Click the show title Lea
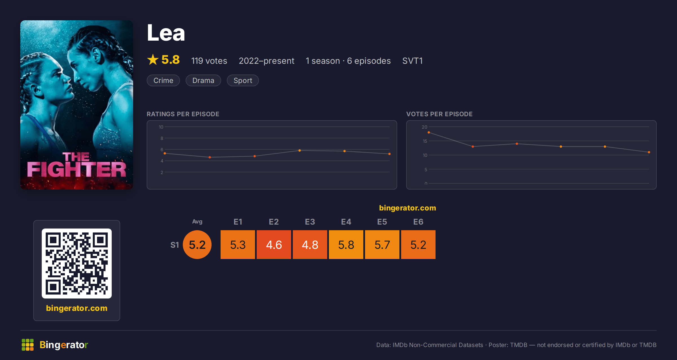pos(166,33)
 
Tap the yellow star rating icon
pos(153,60)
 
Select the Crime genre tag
pos(163,80)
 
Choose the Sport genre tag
pos(243,80)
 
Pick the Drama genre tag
pos(203,80)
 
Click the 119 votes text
pos(209,61)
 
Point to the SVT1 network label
pos(412,61)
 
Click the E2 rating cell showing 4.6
pos(274,245)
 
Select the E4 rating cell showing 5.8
pos(346,245)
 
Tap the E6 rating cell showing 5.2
pos(418,245)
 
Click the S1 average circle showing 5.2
pos(197,245)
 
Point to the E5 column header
pos(382,222)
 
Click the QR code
pos(77,264)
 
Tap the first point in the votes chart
pos(429,132)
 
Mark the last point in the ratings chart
pos(390,154)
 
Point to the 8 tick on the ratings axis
pos(162,138)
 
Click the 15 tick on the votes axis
pos(425,141)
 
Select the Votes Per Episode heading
pos(439,114)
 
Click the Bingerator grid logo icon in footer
pos(28,345)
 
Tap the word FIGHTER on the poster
pos(76,170)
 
